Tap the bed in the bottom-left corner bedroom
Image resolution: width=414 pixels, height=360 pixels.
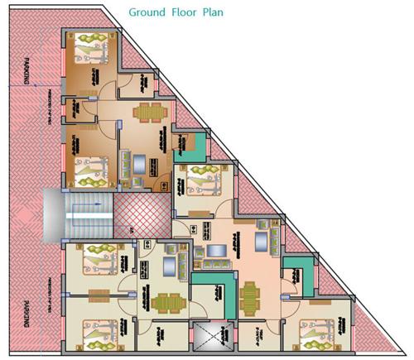(95, 331)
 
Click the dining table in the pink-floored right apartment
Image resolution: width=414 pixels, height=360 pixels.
(249, 293)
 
